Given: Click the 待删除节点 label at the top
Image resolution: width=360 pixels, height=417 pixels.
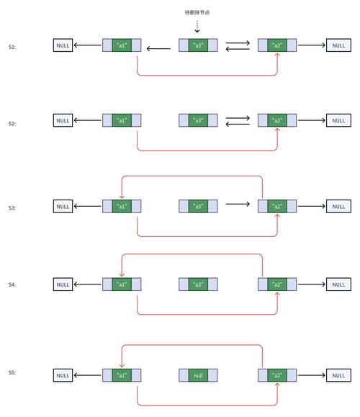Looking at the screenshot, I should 197,13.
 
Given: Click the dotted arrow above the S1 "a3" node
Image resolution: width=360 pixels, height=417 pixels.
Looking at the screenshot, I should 197,27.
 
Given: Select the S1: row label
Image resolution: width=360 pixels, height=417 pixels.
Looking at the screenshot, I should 12,46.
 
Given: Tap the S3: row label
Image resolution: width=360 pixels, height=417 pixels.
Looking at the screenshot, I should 12,207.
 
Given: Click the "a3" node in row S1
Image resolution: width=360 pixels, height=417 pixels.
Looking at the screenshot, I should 197,46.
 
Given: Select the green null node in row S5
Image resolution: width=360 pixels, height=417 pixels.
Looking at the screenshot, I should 197,375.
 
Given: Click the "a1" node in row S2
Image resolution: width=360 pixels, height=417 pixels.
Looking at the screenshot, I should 122,120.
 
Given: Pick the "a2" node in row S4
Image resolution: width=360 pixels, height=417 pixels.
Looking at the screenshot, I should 276,284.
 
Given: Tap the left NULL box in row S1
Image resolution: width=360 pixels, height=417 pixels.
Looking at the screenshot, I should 63,46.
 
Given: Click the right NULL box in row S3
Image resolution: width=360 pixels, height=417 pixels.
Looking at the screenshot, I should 338,207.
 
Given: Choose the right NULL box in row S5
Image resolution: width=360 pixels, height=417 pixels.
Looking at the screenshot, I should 338,375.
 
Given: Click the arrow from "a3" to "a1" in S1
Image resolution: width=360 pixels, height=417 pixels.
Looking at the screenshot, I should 158,49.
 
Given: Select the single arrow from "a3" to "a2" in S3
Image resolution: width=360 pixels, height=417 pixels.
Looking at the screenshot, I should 237,204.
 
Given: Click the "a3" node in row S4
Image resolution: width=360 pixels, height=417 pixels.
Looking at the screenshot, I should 197,284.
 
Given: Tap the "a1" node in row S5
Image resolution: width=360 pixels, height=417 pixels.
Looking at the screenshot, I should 122,375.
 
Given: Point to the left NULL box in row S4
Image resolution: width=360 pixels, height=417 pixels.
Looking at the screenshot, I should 63,284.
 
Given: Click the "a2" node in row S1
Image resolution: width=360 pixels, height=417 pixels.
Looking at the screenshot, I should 276,46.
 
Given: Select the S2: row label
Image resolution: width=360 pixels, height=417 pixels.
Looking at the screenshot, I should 12,124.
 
